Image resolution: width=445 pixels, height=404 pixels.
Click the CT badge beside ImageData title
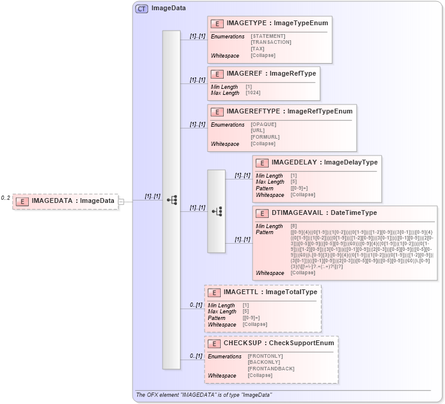click(142, 8)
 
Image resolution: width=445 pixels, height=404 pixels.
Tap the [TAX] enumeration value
click(258, 49)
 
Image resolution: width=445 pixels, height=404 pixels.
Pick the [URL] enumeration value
click(258, 130)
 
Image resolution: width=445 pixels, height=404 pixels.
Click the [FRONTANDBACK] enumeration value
click(270, 369)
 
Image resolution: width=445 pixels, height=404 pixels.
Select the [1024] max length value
click(253, 92)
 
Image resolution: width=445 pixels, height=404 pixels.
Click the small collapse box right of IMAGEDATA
click(121, 201)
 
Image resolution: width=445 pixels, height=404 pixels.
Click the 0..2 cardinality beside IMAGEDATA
click(5, 197)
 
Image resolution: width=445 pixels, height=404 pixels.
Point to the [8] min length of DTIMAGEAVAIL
click(294, 226)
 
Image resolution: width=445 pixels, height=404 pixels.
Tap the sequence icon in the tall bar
click(172, 200)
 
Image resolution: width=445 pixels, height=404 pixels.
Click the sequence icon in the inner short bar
click(217, 211)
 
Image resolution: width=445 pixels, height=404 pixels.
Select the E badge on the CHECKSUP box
click(213, 343)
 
